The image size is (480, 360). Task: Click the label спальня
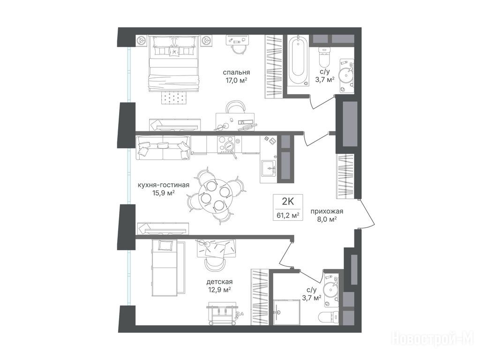(236, 72)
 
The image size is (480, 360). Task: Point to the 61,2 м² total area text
(288, 215)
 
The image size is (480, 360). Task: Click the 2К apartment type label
(288, 202)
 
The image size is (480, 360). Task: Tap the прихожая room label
(327, 211)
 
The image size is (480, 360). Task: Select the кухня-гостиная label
(164, 185)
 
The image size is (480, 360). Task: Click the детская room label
(219, 282)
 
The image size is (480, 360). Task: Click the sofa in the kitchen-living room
(163, 148)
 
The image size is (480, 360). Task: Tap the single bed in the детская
(165, 268)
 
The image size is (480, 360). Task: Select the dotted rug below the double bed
(173, 98)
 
